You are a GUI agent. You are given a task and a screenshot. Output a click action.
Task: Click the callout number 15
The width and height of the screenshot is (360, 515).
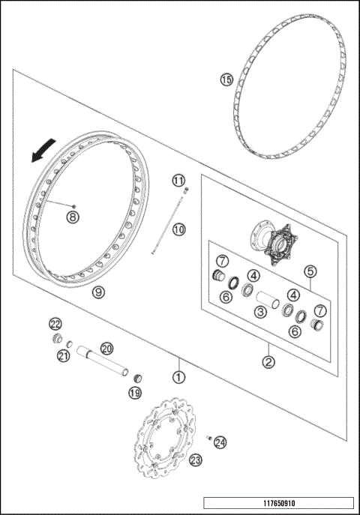click(226, 79)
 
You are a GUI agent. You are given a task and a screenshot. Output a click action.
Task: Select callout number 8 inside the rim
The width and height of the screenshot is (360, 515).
click(73, 217)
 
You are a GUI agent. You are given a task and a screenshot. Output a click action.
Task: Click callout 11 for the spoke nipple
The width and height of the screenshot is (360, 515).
click(178, 181)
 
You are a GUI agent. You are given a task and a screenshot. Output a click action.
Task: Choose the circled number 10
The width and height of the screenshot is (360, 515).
click(178, 229)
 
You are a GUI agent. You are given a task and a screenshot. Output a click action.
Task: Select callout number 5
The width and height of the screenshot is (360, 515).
click(309, 271)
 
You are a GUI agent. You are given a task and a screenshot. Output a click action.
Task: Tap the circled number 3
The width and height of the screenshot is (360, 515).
click(261, 311)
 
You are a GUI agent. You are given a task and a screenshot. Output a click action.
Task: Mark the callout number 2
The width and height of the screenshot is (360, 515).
click(269, 361)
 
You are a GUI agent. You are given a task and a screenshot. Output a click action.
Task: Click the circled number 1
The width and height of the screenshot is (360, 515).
click(178, 377)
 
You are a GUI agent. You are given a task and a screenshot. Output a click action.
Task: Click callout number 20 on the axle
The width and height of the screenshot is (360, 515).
click(106, 348)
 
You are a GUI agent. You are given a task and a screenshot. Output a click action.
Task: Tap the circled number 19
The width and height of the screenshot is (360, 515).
click(134, 392)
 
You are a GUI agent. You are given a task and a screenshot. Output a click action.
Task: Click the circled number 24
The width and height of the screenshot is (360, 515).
click(220, 442)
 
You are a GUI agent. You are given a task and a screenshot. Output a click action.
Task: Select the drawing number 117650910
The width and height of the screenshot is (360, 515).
click(277, 502)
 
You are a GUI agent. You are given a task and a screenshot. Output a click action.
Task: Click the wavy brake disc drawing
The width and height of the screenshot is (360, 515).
click(165, 442)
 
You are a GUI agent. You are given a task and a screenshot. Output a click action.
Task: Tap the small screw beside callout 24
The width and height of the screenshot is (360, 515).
click(209, 439)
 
